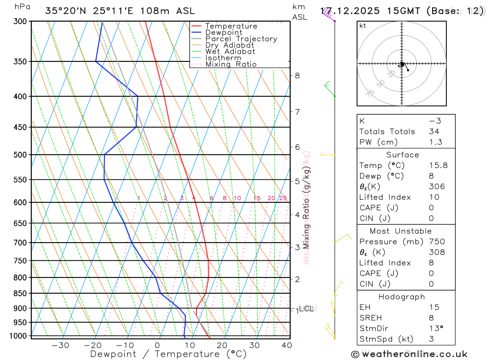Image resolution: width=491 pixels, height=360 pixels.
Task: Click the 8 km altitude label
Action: point(297,75)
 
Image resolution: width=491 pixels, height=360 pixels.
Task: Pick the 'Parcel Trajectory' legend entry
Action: point(241,39)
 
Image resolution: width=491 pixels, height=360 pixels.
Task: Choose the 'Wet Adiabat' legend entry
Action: point(230,52)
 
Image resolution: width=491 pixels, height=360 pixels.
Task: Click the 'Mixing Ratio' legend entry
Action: point(231,64)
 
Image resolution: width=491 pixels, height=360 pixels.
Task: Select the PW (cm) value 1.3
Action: point(436,142)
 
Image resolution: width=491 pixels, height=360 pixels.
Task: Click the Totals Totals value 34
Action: point(434,131)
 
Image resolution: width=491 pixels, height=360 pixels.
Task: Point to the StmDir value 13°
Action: point(435,329)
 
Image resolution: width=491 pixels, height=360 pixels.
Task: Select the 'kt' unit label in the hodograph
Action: point(363,26)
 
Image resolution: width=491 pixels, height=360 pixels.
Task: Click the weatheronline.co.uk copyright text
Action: point(409,354)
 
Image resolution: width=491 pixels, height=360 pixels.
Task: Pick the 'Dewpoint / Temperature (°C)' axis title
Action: point(168,354)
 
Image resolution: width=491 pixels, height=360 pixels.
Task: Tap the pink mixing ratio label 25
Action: point(283,198)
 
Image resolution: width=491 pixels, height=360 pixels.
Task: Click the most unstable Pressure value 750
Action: point(436,242)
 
